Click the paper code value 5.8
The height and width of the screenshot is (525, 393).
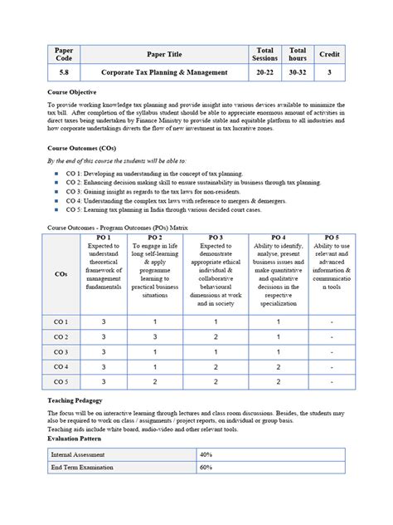64,72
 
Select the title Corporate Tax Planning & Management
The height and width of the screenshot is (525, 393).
164,72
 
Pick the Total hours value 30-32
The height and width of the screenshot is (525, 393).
298,72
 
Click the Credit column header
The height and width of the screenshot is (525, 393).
329,55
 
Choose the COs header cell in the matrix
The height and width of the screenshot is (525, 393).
61,272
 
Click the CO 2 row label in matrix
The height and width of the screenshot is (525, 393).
61,336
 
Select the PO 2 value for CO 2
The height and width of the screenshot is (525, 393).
154,336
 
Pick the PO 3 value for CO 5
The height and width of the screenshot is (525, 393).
215,381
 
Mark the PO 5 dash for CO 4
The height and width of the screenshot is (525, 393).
332,366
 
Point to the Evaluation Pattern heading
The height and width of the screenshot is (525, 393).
82,439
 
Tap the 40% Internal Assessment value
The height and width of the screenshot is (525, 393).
206,455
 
